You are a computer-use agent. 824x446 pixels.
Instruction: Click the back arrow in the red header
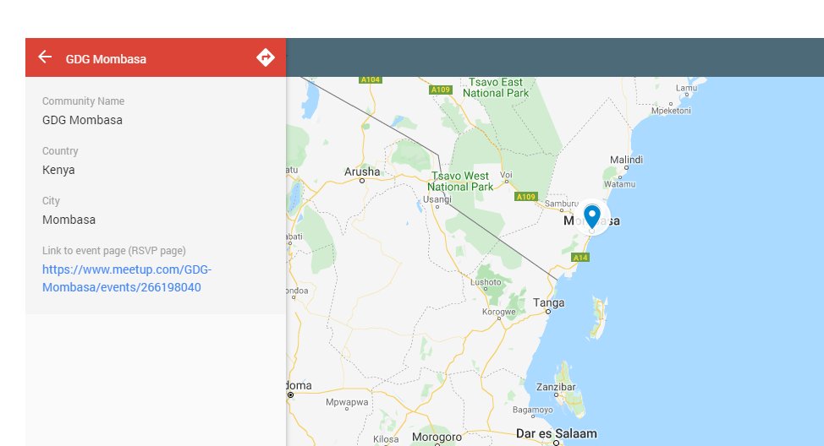coord(45,57)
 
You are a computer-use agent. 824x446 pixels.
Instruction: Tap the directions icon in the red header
coord(266,57)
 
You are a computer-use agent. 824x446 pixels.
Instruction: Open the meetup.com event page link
coord(127,279)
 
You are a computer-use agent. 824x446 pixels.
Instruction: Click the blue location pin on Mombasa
coord(592,216)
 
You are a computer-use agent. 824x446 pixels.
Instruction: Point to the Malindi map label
coord(627,160)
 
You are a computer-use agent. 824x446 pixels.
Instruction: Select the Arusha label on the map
coord(362,171)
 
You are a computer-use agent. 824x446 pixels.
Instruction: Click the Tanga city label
coord(549,302)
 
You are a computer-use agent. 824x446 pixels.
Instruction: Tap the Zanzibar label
coord(556,387)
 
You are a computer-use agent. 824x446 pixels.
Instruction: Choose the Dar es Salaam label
coord(556,433)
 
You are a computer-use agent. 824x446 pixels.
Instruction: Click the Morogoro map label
coord(437,437)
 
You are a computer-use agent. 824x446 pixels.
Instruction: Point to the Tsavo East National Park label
coord(500,87)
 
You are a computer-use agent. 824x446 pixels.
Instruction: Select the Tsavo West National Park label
coord(460,181)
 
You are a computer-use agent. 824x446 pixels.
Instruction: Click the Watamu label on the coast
coord(619,183)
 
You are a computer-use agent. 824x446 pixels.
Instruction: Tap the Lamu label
coord(686,88)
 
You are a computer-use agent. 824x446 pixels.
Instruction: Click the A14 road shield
coord(580,258)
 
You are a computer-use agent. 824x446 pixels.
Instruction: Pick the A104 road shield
coord(371,79)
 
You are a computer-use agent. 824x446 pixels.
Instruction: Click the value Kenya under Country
coord(58,170)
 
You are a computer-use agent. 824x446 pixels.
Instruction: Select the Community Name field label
coord(83,101)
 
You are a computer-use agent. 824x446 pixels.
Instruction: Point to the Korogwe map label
coord(498,312)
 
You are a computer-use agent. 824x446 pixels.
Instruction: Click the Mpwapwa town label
coord(348,402)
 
